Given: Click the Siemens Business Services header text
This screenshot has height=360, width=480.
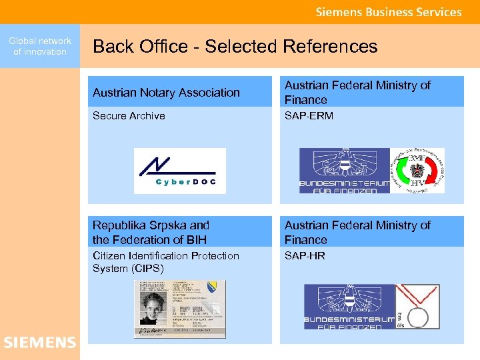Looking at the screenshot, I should [389, 12].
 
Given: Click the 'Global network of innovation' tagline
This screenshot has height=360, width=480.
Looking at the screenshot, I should [40, 46].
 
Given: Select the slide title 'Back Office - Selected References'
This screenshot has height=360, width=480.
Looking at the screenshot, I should [235, 47].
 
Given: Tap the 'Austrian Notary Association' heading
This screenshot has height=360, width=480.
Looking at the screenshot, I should [166, 93].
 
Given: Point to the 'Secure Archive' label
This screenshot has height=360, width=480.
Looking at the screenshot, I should [129, 116].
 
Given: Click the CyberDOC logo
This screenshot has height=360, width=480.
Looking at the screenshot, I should [180, 171].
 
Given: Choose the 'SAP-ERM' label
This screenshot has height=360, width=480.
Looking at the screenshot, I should [309, 116].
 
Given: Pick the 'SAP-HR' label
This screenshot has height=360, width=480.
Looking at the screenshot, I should [305, 256].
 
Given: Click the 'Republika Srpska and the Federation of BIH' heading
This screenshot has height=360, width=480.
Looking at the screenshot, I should [151, 232].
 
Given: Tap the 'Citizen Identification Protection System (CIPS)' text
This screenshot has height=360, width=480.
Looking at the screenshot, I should [165, 262].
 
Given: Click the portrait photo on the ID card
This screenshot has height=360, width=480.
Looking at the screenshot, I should [154, 307].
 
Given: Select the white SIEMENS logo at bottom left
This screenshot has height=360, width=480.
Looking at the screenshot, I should [40, 343].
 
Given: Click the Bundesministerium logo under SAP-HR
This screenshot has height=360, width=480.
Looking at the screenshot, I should [349, 307].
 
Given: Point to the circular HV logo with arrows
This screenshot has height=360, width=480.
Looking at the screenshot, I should [417, 171].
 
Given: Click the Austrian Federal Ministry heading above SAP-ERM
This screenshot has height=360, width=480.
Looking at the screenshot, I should [357, 93].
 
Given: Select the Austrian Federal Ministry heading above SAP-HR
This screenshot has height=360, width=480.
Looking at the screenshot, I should [357, 232].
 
